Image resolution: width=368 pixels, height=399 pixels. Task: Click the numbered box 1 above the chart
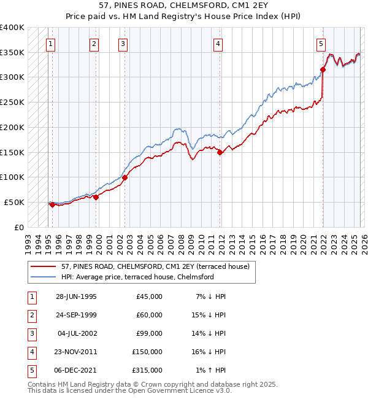click(x=50, y=44)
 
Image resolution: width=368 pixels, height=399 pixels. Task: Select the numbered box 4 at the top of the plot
click(x=218, y=44)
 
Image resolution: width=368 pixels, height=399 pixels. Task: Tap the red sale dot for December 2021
click(x=323, y=69)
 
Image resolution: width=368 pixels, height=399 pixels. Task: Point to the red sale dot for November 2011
click(x=220, y=152)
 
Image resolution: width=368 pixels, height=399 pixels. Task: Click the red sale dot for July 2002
click(x=124, y=177)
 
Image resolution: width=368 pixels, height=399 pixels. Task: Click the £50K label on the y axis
click(x=14, y=202)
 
